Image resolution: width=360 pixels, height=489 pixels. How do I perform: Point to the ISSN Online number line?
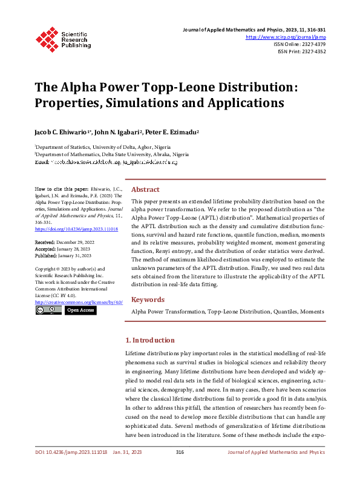point(299,44)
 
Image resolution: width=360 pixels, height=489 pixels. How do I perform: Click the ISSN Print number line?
point(301,51)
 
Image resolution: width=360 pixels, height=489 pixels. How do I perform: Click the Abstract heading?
point(145,189)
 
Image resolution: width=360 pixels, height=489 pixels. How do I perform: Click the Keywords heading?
point(148,299)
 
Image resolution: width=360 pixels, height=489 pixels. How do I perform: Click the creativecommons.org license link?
point(79,301)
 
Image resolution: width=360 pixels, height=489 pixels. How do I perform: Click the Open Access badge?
point(80,310)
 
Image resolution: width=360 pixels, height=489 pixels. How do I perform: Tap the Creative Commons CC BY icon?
point(48,310)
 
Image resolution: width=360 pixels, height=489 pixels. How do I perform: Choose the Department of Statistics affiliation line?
point(103,147)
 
